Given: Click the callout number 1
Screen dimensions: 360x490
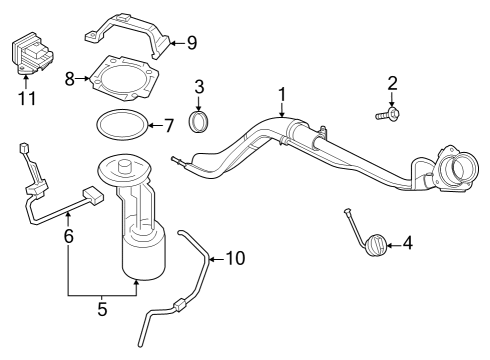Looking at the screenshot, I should pos(282,95).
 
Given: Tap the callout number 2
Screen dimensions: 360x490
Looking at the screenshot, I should pos(393,84).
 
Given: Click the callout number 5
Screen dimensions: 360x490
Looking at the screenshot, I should pos(102,309).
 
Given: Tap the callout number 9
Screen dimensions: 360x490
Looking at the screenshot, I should pos(192,42).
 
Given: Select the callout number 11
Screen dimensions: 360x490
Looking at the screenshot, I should pos(25,99).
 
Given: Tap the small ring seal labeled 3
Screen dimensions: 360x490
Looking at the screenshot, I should pos(199,123).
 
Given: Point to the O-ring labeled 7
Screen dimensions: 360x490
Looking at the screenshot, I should pos(120,125).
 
